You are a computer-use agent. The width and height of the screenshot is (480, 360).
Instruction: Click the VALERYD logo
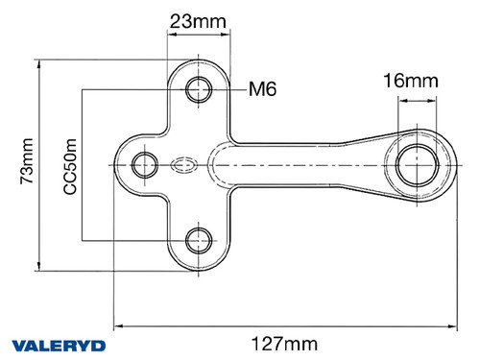click(x=59, y=345)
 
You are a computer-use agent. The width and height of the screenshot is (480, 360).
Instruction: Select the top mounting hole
click(x=200, y=89)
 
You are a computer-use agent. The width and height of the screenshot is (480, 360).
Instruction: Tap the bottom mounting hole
click(x=200, y=239)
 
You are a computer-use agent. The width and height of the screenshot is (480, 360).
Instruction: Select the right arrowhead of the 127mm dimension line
click(x=451, y=324)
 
